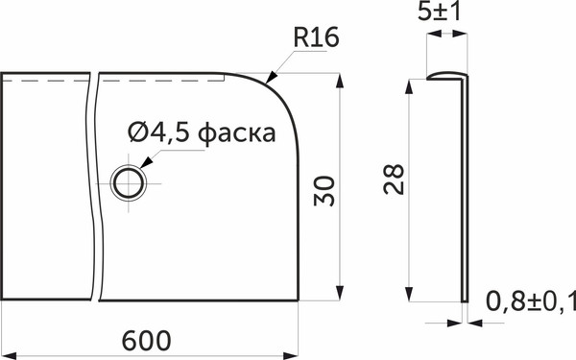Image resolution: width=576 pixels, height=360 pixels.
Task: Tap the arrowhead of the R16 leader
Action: coord(273,77)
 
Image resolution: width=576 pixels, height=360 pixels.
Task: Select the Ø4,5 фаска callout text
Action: coord(201,132)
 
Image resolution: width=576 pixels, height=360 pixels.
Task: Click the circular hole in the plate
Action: coord(129,180)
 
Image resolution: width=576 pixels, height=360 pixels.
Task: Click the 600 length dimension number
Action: coord(147,340)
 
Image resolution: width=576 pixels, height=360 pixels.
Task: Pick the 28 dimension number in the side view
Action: coord(394,179)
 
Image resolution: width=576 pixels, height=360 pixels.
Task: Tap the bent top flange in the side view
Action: coord(444,75)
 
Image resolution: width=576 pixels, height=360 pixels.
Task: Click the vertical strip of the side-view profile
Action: coord(467,192)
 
